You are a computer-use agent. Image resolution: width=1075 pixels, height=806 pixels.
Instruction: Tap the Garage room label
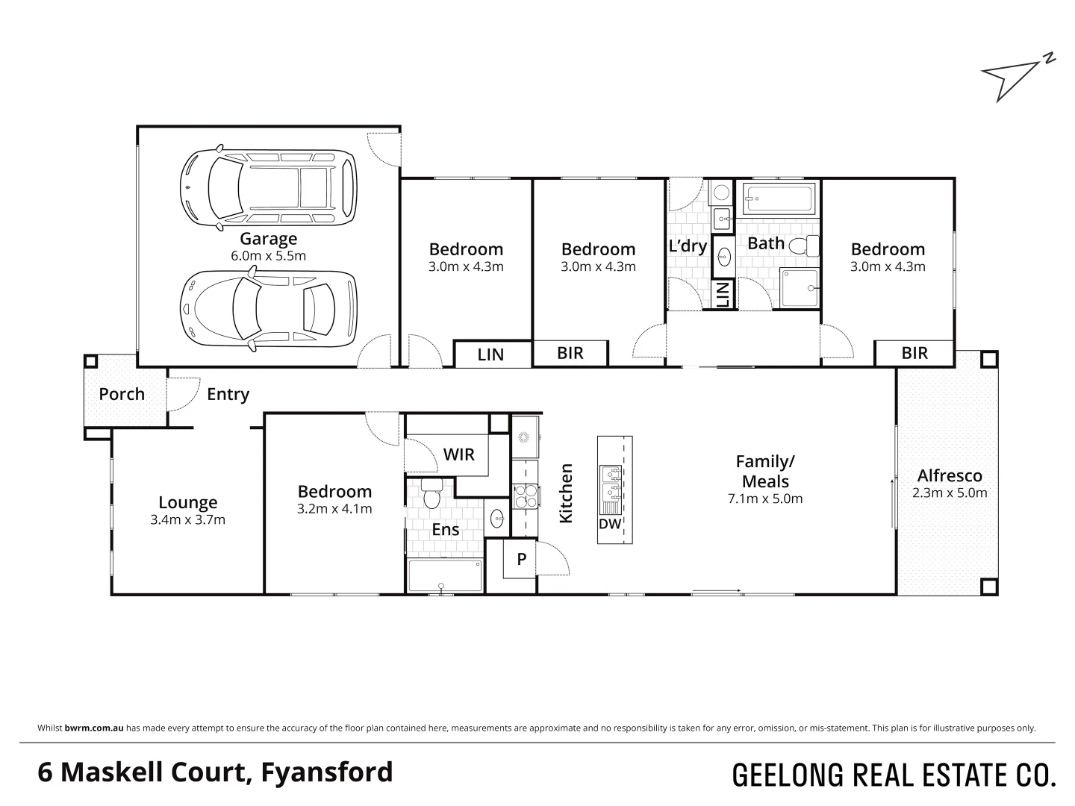point(268,239)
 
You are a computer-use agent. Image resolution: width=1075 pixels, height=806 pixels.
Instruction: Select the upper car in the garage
point(268,187)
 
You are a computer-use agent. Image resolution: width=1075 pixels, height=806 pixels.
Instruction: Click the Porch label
point(122,394)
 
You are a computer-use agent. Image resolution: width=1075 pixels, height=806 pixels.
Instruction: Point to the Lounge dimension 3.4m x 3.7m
point(187,519)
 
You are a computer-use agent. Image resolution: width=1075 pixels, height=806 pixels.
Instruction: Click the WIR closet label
point(458,454)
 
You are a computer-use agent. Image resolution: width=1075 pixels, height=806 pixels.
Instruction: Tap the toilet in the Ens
point(431,497)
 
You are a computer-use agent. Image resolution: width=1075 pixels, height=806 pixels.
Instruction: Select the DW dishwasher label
point(609,524)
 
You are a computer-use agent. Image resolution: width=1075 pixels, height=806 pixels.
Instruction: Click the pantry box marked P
point(522,559)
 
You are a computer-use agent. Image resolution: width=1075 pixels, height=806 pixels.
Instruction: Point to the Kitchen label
point(566,493)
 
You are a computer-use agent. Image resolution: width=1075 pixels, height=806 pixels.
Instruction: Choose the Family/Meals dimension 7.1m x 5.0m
point(765,499)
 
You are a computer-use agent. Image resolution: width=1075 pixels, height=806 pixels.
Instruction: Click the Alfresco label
point(950,475)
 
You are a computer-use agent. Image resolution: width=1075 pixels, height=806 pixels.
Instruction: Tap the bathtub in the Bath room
point(778,199)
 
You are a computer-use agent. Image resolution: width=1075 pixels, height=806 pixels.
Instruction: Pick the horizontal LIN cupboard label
point(490,354)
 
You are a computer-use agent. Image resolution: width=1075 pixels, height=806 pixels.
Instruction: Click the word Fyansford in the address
point(327,772)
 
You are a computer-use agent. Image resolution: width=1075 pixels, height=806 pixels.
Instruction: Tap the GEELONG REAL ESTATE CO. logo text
point(894,775)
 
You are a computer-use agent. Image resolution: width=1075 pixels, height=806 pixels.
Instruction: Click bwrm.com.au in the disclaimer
point(94,728)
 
